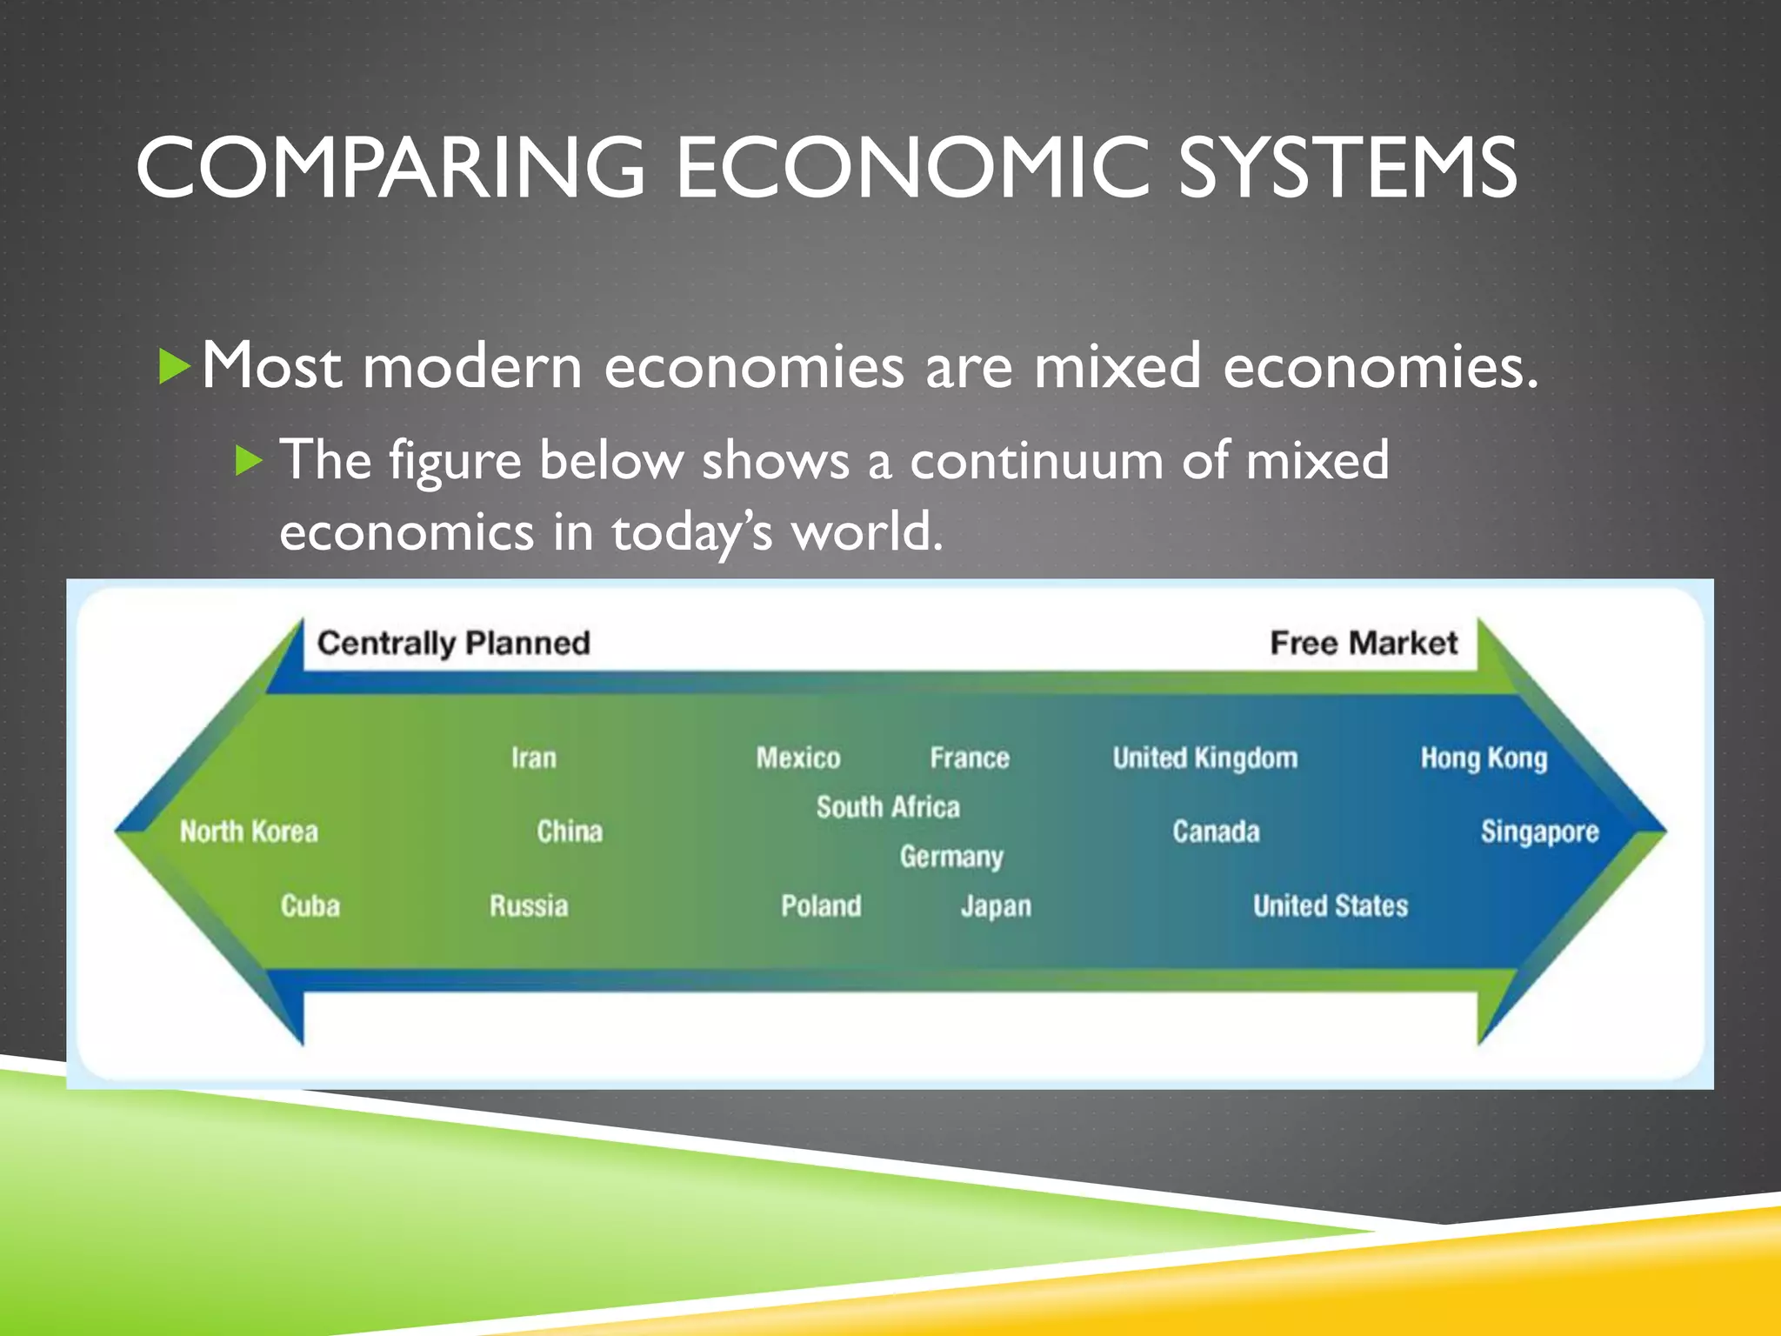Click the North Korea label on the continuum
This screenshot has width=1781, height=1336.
249,832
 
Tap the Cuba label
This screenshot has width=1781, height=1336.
310,906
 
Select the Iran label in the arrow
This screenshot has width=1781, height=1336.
534,758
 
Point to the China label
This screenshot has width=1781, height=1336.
570,832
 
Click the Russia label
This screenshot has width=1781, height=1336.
529,906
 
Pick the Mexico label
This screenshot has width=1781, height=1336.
798,758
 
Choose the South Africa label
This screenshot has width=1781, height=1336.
888,807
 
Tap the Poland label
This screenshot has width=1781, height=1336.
821,906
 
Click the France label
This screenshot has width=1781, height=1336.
970,758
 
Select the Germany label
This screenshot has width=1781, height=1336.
951,857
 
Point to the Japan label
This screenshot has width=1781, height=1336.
996,906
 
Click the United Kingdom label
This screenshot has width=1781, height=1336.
1205,758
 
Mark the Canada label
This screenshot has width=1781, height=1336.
1216,832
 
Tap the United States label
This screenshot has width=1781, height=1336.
1331,906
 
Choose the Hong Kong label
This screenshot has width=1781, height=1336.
1484,758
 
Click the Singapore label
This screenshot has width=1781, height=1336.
1540,832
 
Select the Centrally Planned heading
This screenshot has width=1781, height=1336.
454,643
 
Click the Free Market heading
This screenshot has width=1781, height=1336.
1364,643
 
